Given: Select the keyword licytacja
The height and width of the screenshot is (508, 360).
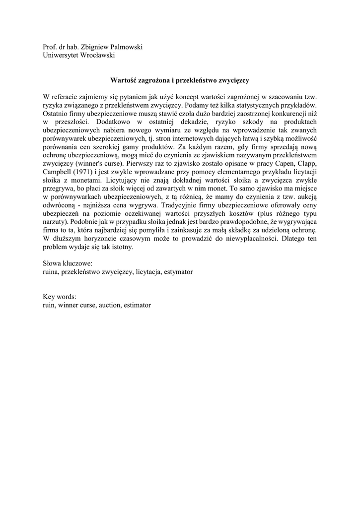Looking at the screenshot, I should (x=147, y=272).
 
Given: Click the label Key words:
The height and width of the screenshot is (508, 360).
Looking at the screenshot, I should (x=59, y=297).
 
